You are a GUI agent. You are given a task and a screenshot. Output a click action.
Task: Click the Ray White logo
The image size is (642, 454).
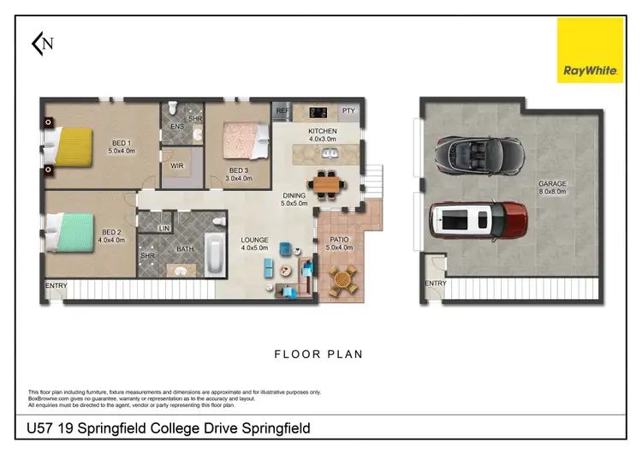point(590,51)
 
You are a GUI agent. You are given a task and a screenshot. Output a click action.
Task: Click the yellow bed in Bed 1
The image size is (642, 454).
point(73,146)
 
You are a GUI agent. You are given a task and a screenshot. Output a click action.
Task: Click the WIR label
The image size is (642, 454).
point(177,165)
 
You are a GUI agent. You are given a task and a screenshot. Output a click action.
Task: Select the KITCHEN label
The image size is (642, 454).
point(323,131)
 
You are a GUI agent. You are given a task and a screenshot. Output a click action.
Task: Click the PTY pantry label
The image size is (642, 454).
point(348,111)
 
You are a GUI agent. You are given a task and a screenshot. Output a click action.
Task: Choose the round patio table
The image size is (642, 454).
point(342,278)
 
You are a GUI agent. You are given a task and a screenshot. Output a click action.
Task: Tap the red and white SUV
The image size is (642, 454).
point(477,222)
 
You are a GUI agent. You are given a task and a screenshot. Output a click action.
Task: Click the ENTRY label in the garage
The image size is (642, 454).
point(435,284)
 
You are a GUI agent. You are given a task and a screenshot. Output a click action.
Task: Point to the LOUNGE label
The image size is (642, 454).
point(254,241)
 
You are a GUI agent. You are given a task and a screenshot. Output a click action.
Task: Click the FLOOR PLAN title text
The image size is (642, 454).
point(318,354)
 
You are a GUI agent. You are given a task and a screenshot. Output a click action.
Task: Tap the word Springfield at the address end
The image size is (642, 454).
point(271,428)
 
